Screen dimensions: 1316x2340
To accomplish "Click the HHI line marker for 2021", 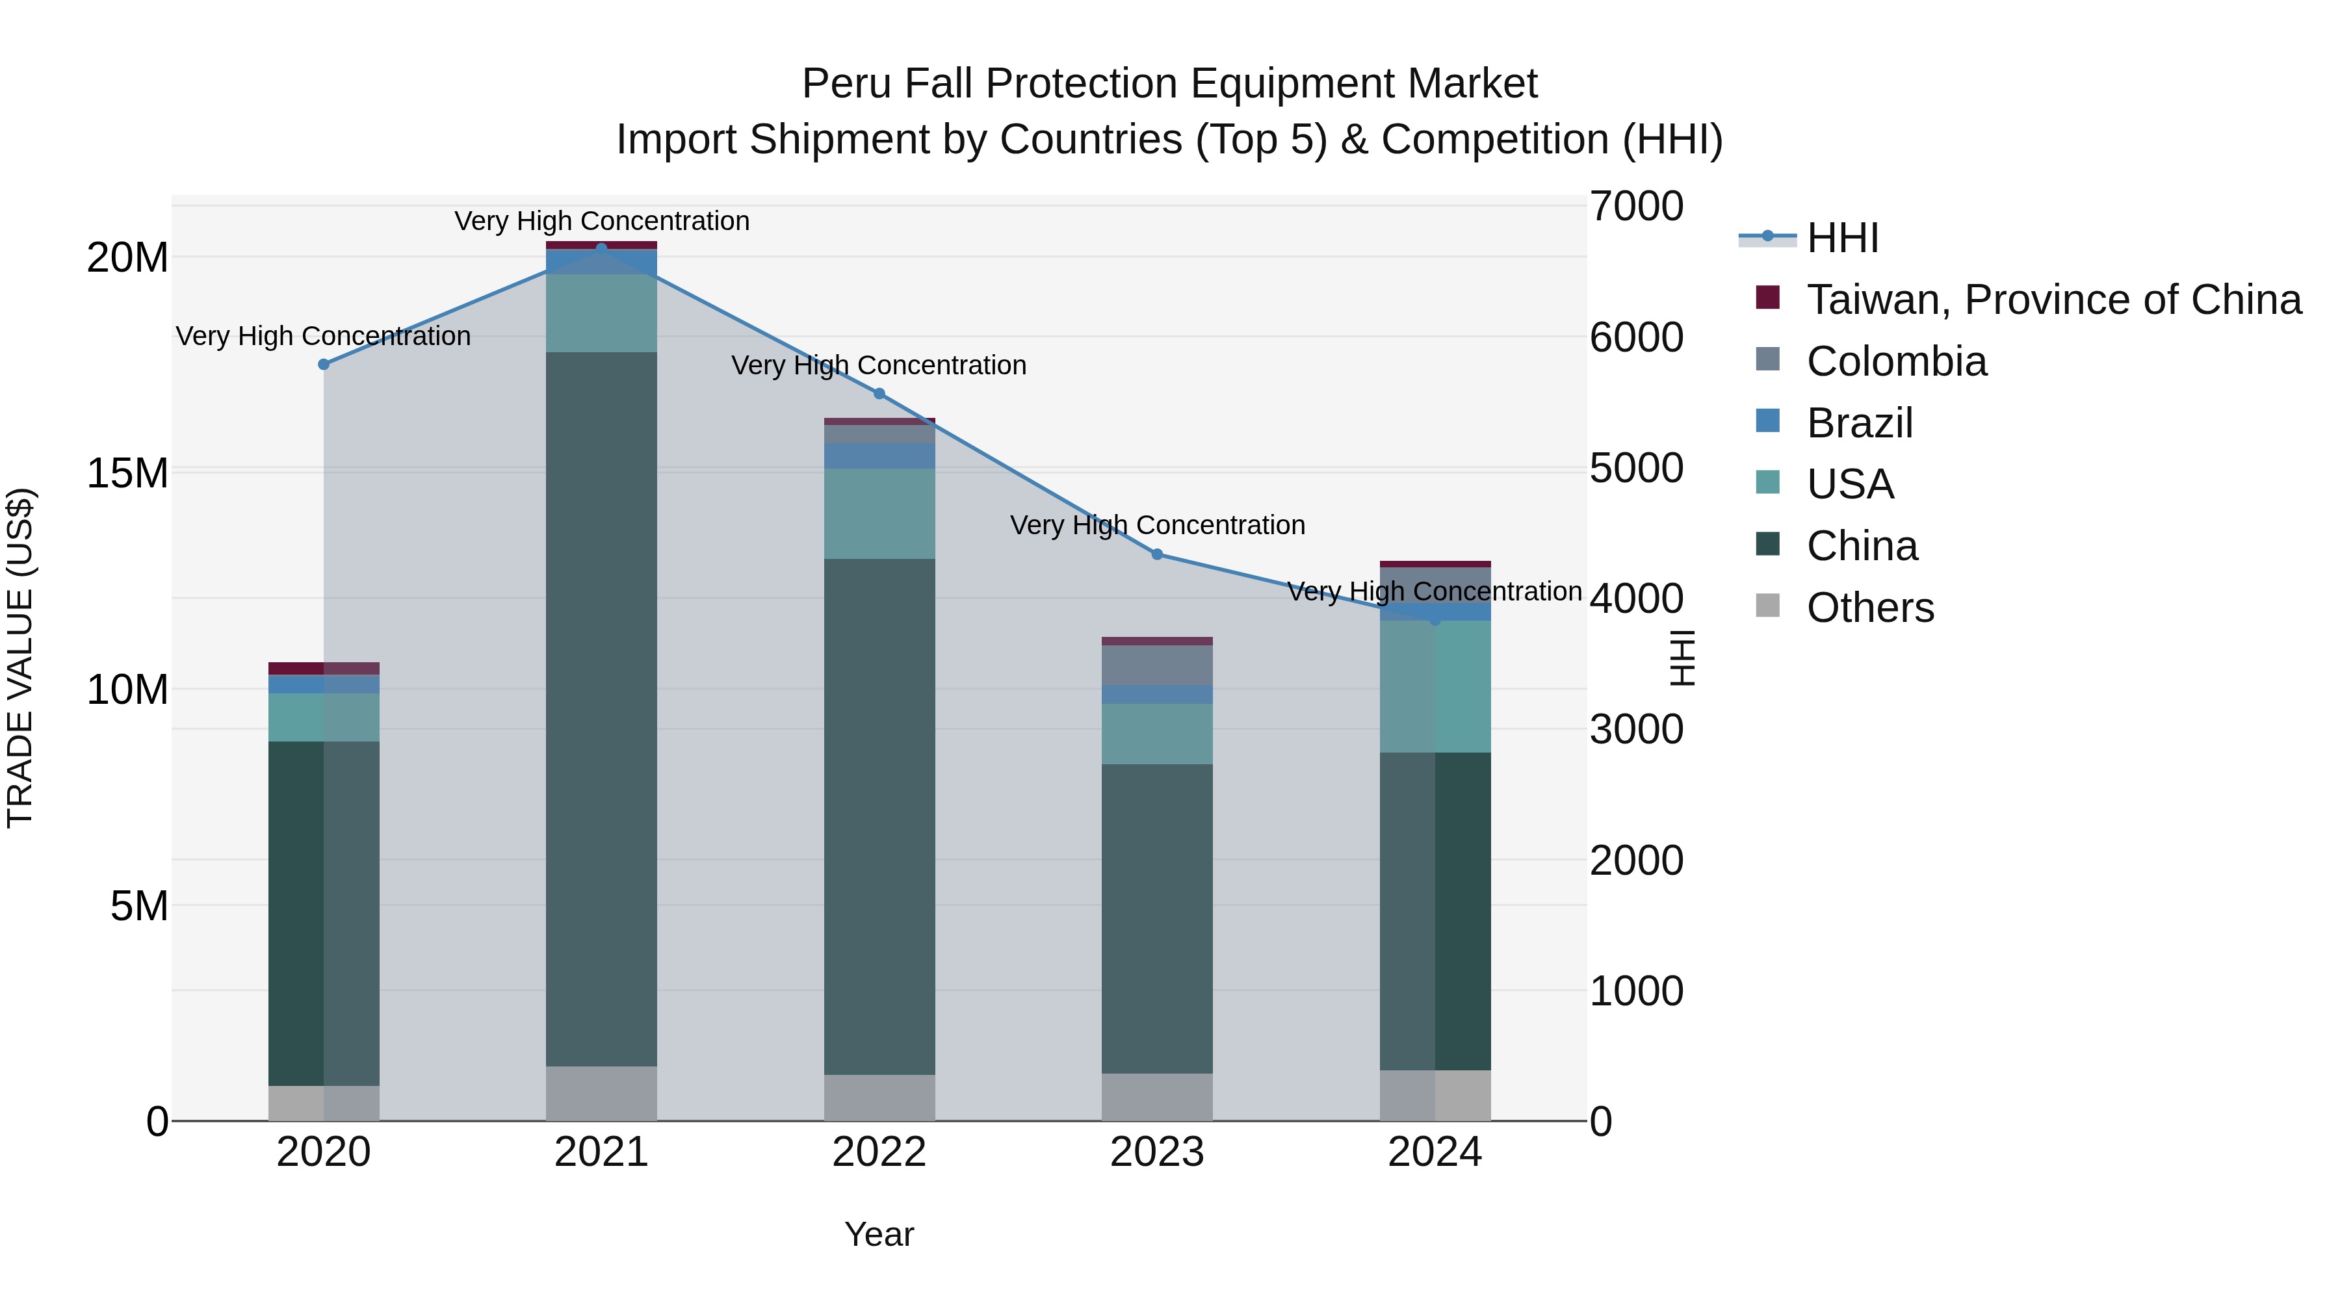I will coord(601,248).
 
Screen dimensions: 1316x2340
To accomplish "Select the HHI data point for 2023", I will coord(1156,554).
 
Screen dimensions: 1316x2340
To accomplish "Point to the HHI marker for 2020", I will coord(324,364).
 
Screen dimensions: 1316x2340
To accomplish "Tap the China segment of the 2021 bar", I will coord(601,708).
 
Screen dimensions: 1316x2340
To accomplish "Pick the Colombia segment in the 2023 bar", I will coord(1156,665).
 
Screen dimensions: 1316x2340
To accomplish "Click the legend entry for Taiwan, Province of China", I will coord(2053,300).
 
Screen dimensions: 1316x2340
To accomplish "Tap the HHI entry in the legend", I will coord(1842,238).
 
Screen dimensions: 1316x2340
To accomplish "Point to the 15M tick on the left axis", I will coord(127,473).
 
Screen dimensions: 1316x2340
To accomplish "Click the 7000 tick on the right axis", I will coord(1636,206).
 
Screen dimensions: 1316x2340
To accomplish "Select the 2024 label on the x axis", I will coord(1435,1152).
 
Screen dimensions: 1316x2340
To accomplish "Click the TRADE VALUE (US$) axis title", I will coord(20,658).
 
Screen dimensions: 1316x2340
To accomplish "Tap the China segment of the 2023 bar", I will coord(1156,917).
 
